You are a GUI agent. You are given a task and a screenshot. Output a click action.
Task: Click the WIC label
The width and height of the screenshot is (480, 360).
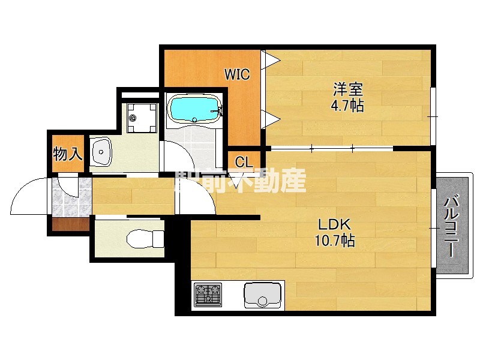(237, 74)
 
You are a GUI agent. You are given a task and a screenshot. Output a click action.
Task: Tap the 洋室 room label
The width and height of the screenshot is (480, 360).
(348, 91)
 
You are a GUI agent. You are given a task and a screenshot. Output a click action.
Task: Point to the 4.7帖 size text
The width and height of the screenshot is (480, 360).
(348, 106)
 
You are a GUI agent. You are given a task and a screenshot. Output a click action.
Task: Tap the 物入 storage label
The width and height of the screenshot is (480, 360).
(67, 154)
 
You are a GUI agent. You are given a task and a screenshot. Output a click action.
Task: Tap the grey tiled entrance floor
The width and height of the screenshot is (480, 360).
(71, 198)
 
